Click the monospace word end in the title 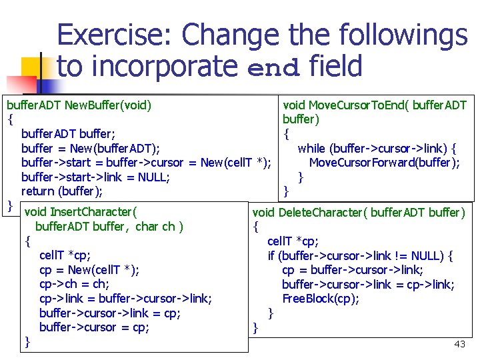(273, 67)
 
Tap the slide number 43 (459, 344)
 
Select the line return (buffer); (62, 191)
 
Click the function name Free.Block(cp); (321, 299)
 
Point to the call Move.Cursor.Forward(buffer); (384, 163)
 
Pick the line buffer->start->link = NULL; (95, 177)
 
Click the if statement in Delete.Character (360, 255)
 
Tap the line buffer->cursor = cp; (94, 327)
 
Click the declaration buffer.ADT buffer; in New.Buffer (68, 134)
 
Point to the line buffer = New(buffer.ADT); (90, 148)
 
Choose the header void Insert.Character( (81, 213)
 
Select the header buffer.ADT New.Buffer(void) (79, 105)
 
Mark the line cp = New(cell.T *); (89, 270)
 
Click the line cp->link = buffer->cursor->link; (125, 299)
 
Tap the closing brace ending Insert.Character (27, 342)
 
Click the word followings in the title (393, 35)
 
